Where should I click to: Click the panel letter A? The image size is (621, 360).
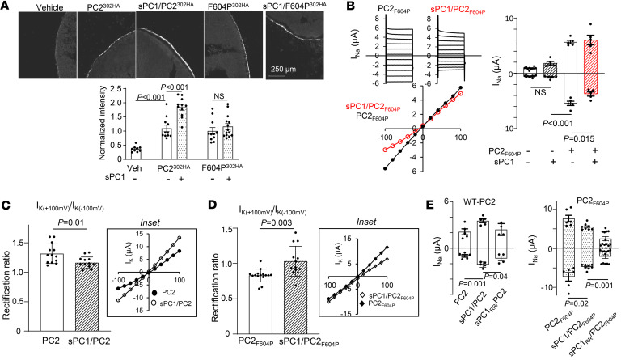tap(6, 7)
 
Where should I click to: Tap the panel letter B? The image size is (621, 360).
tap(321, 7)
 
